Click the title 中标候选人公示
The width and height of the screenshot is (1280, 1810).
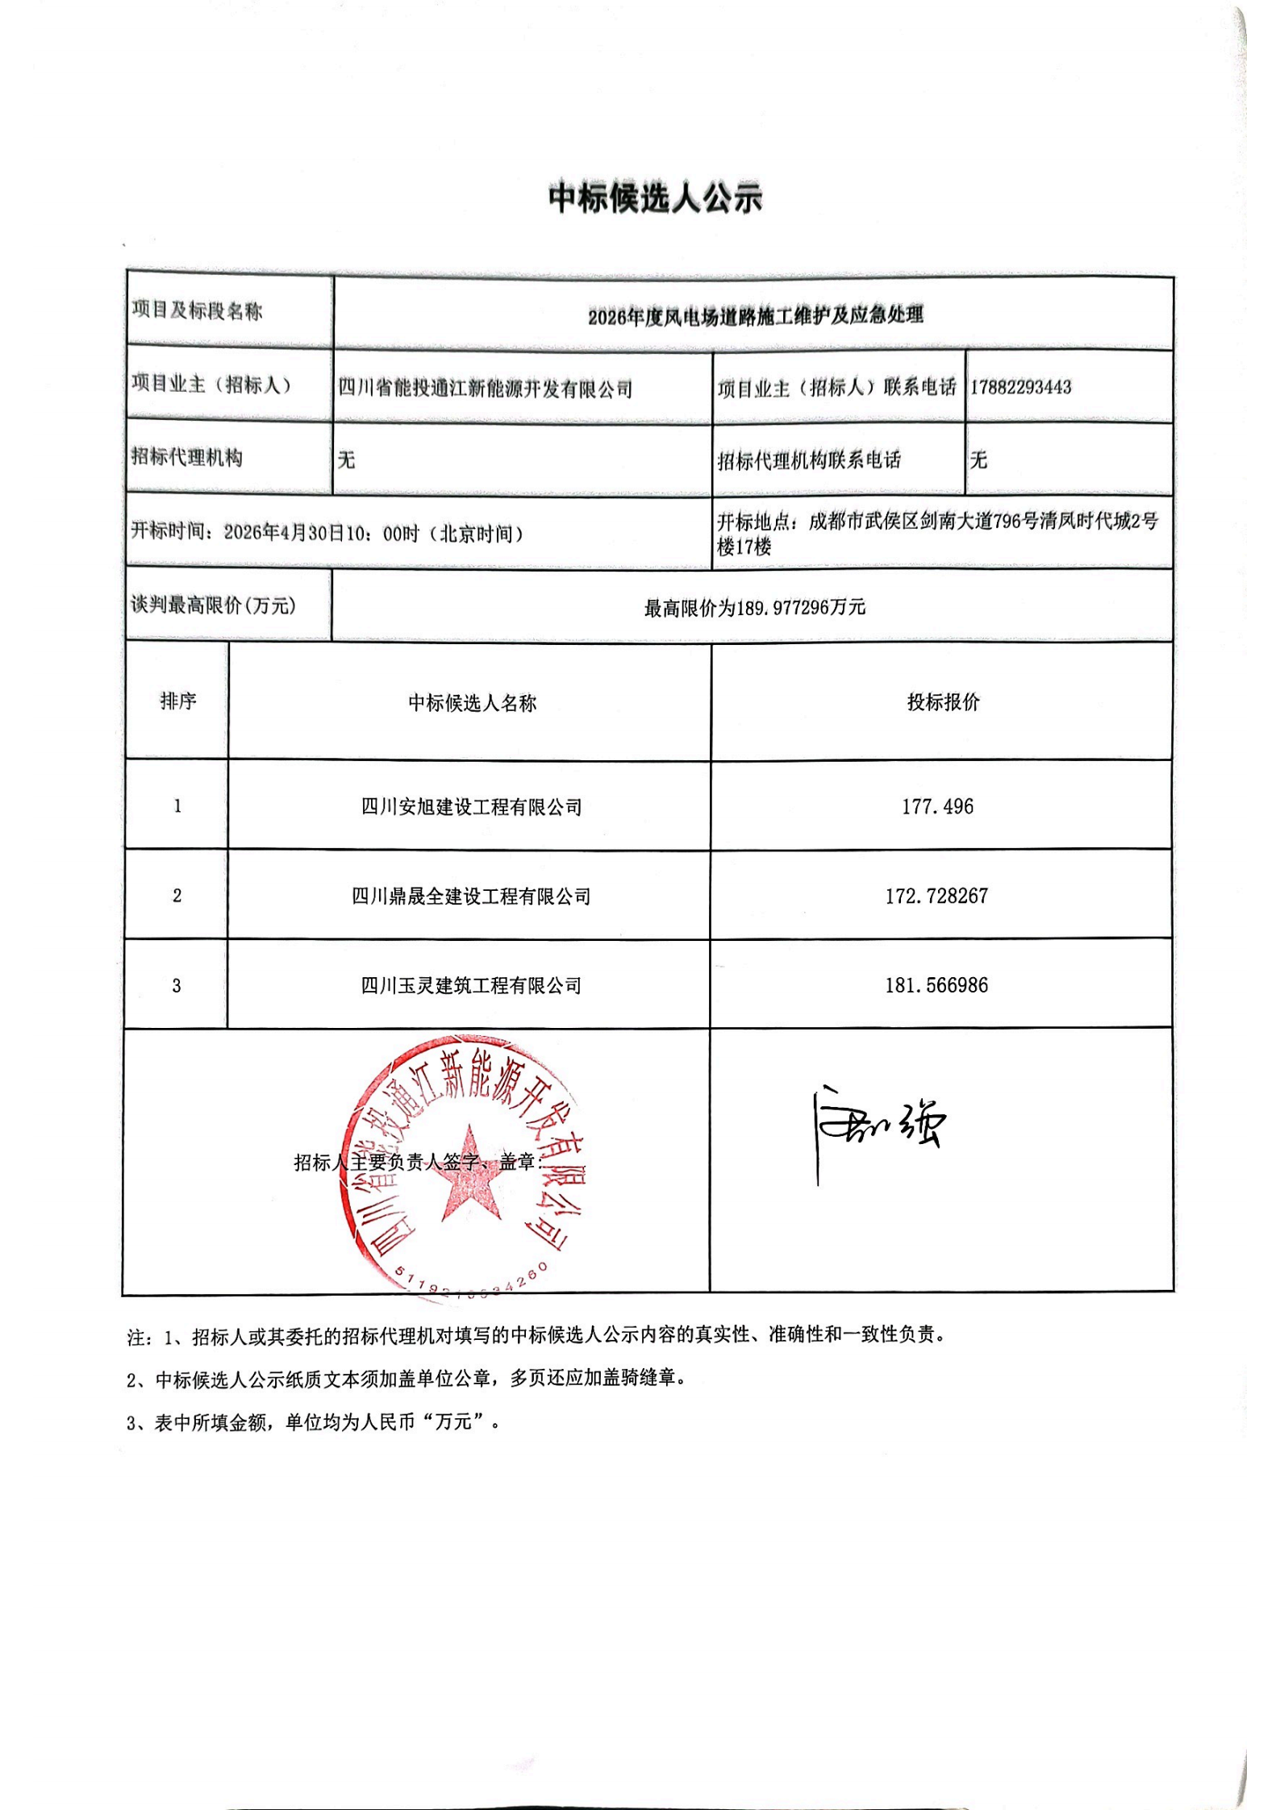[655, 198]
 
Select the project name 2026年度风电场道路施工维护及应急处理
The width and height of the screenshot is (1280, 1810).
[755, 315]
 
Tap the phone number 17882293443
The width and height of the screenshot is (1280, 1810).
[1020, 387]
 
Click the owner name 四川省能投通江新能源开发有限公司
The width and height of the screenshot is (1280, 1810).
[485, 389]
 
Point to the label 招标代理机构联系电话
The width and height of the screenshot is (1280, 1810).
[809, 460]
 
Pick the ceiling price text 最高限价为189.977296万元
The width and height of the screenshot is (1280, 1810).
[754, 608]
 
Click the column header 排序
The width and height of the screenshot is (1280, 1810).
[177, 701]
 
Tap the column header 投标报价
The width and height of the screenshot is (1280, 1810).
[943, 701]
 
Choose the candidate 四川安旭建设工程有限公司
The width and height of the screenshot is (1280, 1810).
[471, 807]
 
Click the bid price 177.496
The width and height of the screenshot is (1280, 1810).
[937, 806]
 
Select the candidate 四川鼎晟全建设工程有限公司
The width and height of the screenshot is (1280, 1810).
[471, 897]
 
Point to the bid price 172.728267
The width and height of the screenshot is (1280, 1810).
[936, 896]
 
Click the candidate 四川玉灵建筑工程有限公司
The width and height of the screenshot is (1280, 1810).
[471, 985]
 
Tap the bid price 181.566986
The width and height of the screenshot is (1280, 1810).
[936, 985]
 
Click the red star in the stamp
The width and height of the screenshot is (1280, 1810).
[469, 1175]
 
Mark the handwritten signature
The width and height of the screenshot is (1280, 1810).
[879, 1125]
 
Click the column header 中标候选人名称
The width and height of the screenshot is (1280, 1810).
[472, 703]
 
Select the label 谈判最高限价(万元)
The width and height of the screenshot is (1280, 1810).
[214, 605]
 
